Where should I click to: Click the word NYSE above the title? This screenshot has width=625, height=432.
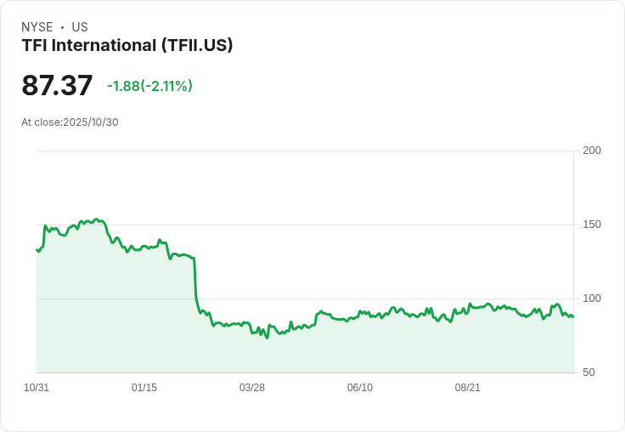[37, 27]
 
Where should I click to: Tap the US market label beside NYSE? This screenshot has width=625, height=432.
[80, 27]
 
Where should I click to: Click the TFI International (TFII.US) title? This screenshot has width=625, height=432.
[127, 46]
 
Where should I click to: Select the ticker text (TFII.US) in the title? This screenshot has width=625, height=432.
[197, 46]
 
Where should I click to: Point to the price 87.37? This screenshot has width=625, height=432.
[57, 85]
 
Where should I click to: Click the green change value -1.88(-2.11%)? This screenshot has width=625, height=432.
[149, 86]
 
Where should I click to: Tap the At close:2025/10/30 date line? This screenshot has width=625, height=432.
[70, 122]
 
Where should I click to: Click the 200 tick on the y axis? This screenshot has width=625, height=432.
[592, 151]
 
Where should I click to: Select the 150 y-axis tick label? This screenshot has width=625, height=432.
[592, 225]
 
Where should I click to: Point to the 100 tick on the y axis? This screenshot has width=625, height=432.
[592, 298]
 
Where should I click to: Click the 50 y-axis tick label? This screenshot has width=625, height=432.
[588, 372]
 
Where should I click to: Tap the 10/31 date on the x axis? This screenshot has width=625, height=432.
[37, 388]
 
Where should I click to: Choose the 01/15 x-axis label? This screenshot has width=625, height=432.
[144, 388]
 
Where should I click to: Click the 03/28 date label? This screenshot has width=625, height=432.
[252, 388]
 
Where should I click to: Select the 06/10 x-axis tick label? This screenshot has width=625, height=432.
[360, 388]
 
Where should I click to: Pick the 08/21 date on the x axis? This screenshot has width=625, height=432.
[468, 388]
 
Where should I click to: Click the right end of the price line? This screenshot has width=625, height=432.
[573, 316]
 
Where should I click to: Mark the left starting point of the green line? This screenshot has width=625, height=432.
[37, 250]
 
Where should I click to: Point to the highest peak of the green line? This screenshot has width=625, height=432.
[96, 219]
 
